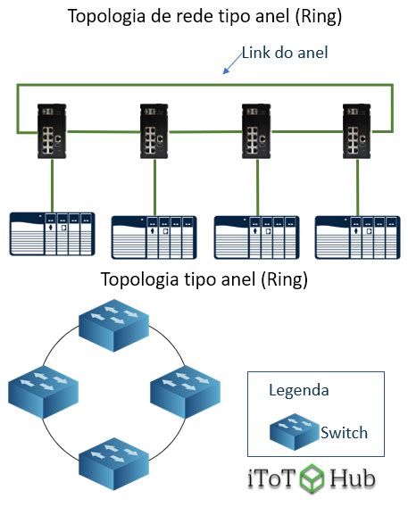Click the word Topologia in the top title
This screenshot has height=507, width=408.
tap(107, 16)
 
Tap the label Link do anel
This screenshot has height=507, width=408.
tap(285, 53)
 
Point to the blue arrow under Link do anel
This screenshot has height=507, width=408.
tap(232, 64)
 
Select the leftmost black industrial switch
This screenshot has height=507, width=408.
tap(52, 131)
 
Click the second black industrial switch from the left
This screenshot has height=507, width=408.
tap(154, 131)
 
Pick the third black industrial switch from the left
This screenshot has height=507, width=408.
tap(256, 131)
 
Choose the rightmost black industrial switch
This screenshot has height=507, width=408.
tap(357, 131)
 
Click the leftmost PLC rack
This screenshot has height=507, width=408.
tap(52, 234)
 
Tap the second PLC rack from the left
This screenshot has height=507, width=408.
tap(154, 237)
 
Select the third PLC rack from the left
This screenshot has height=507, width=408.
tap(257, 237)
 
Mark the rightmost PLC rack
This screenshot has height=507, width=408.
tap(358, 237)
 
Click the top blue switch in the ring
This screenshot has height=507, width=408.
tap(113, 325)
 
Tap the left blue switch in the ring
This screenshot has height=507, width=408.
tap(43, 392)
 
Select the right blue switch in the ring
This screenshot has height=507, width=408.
tap(185, 392)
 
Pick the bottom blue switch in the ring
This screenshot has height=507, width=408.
tap(113, 464)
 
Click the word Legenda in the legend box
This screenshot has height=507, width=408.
tap(299, 390)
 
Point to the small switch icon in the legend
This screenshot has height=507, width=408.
tap(295, 432)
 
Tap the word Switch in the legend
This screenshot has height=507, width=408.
tap(344, 433)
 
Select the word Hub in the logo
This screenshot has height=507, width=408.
tap(353, 478)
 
